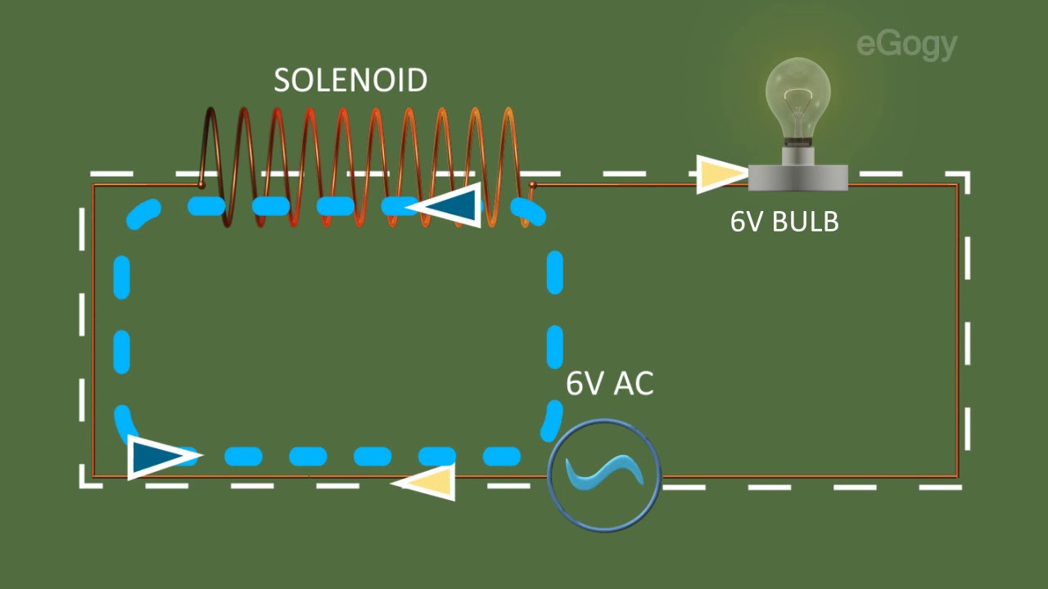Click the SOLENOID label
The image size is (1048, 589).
[350, 80]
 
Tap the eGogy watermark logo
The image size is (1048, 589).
[906, 46]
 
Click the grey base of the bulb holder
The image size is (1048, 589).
[798, 178]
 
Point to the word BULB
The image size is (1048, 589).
[806, 221]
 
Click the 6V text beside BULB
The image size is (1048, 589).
[748, 221]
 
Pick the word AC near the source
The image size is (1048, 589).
[634, 384]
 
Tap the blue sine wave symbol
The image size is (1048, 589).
[604, 474]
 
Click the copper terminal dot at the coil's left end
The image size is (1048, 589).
[201, 186]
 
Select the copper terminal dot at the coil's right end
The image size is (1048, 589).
[532, 186]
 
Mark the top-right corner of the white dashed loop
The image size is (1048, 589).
[968, 174]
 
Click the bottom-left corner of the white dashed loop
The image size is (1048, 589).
[83, 486]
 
